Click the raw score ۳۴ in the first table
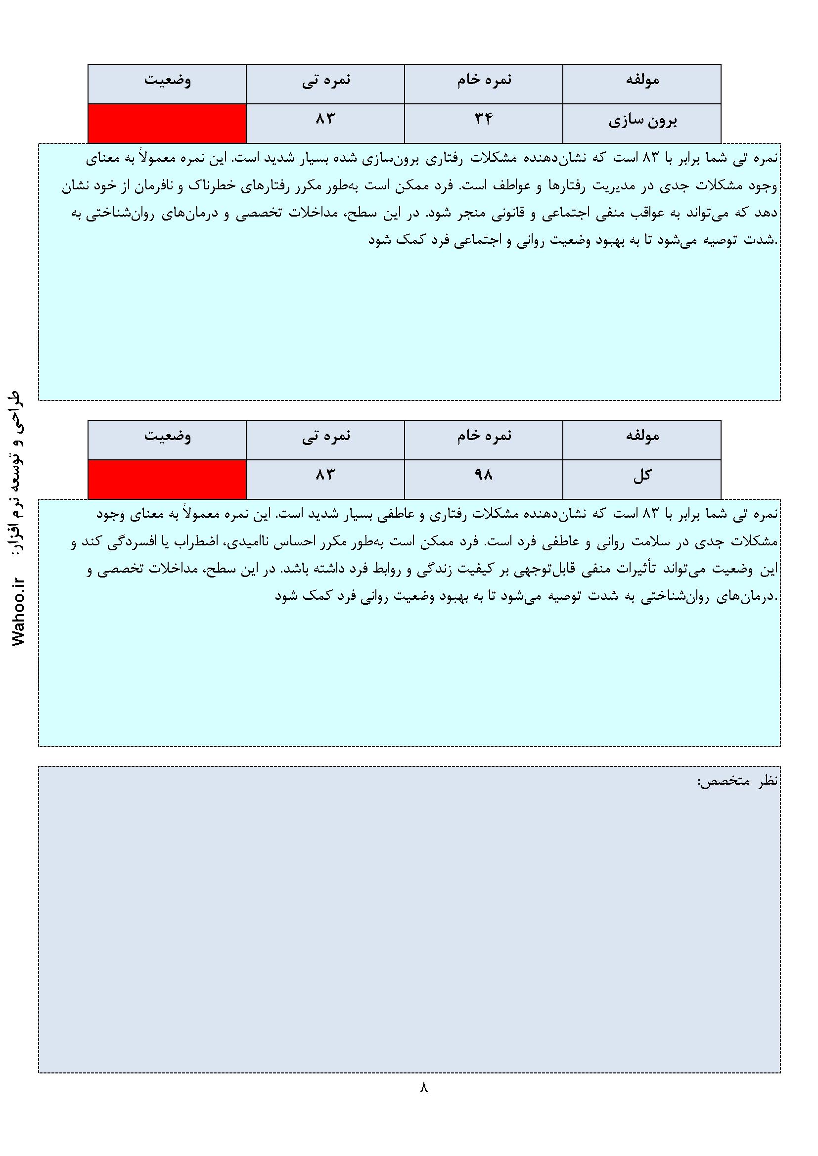[x=483, y=119]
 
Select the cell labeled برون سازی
[x=642, y=121]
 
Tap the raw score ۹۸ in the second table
[x=483, y=474]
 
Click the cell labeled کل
[x=642, y=475]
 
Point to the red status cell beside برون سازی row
[x=167, y=123]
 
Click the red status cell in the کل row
[x=167, y=479]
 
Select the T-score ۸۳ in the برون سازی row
[x=325, y=119]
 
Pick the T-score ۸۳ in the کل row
[x=325, y=474]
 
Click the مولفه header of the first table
[x=642, y=80]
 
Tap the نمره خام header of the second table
[x=484, y=436]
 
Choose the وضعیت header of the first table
[x=168, y=81]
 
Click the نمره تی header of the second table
[x=326, y=436]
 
